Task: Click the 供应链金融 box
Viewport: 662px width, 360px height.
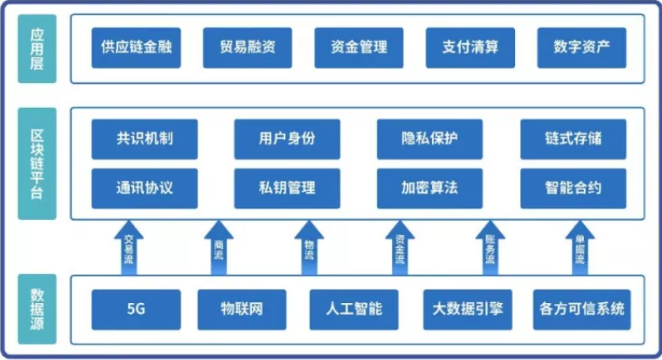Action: [136, 48]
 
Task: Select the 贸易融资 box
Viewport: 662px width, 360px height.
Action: [247, 48]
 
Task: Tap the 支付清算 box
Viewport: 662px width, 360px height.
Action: [469, 48]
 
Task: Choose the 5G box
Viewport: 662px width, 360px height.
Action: [136, 309]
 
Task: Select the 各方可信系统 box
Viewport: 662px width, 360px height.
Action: [581, 309]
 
